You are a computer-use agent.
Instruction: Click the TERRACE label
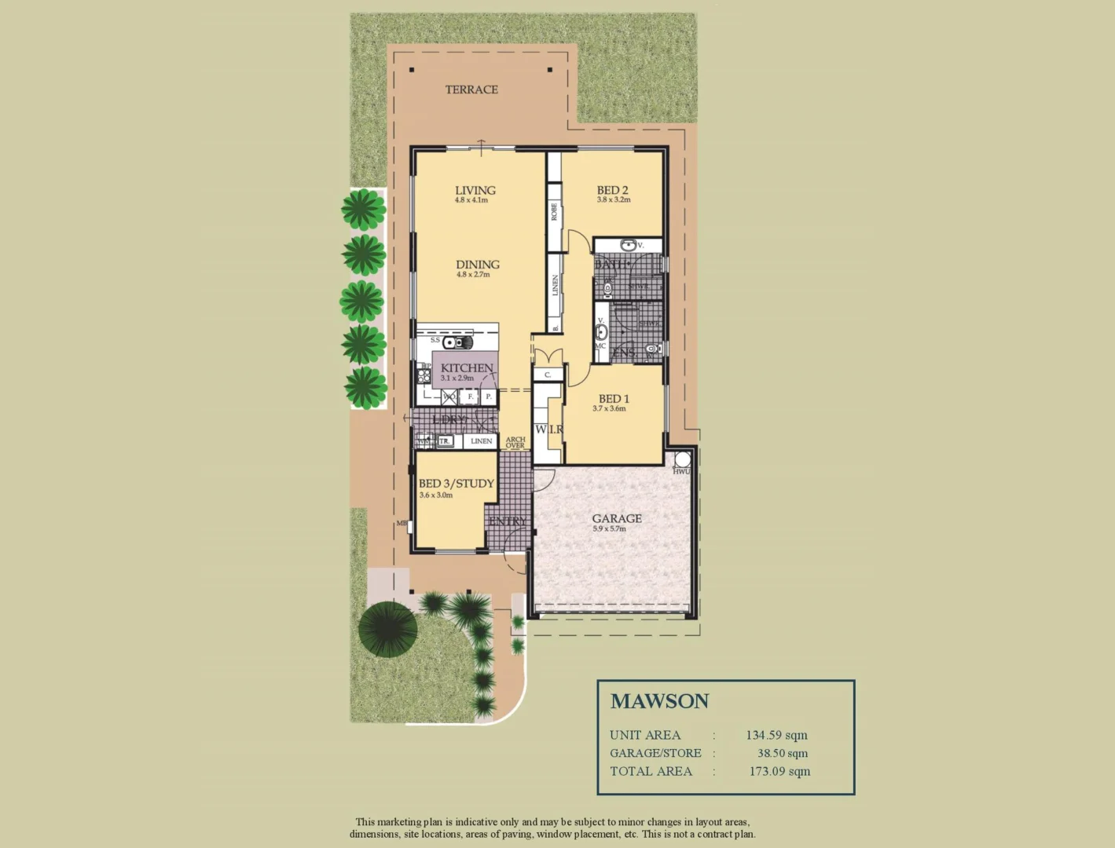[471, 90]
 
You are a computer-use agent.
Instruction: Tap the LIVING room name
[475, 190]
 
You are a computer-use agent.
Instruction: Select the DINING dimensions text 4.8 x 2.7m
[473, 275]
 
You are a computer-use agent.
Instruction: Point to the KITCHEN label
[467, 367]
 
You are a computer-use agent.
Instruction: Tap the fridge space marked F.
[471, 397]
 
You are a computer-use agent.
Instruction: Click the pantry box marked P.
[488, 397]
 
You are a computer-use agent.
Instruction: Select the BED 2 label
[612, 190]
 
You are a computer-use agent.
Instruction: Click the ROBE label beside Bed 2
[554, 211]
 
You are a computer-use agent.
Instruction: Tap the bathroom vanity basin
[629, 246]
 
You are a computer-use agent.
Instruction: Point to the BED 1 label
[614, 399]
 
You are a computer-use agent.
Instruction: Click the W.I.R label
[548, 429]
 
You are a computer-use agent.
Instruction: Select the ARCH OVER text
[515, 443]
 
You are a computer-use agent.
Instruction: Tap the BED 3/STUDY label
[456, 484]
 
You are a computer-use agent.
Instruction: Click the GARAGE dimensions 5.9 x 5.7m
[609, 529]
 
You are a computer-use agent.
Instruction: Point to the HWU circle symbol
[680, 459]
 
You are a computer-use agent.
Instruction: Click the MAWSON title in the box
[659, 701]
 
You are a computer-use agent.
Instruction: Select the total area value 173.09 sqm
[779, 771]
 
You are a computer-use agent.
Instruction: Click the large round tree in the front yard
[387, 628]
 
